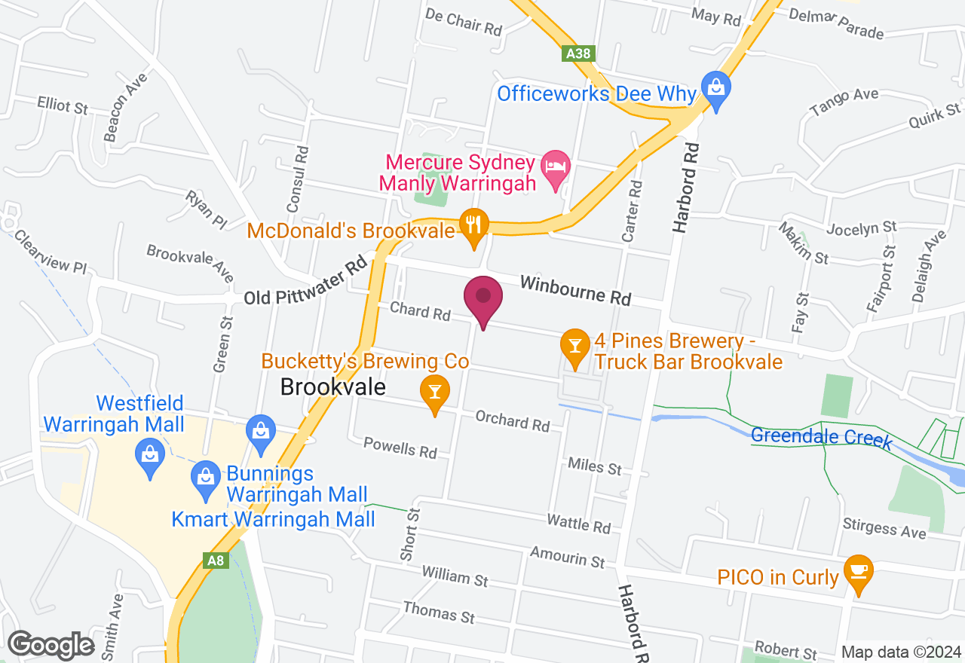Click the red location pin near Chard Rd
click(x=483, y=299)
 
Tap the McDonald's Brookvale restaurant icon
click(x=473, y=225)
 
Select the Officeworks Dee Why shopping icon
click(x=715, y=88)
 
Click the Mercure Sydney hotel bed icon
click(x=556, y=167)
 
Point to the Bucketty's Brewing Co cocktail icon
click(x=435, y=393)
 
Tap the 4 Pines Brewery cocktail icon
click(x=575, y=347)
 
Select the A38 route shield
click(x=578, y=53)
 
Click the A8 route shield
click(x=216, y=560)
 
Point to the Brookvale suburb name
click(x=332, y=387)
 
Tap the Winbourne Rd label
click(x=575, y=290)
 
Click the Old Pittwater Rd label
click(x=305, y=283)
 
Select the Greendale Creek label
click(x=821, y=437)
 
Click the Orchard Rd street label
click(x=513, y=420)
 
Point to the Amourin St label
click(x=567, y=557)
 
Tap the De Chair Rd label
click(x=464, y=23)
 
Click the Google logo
click(x=51, y=645)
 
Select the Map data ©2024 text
click(x=901, y=652)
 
